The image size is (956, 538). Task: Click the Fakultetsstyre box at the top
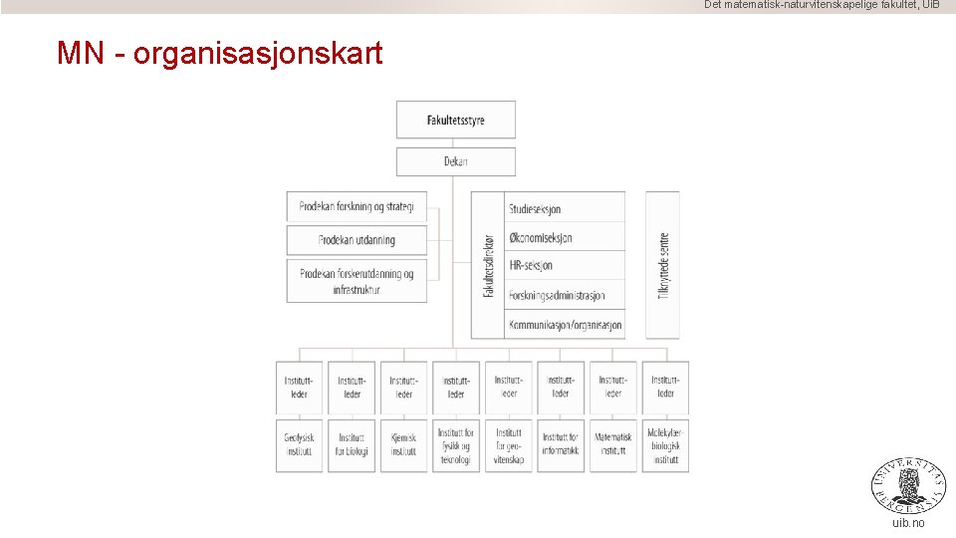click(x=455, y=120)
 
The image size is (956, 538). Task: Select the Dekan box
click(x=455, y=161)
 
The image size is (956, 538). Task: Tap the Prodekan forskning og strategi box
click(x=357, y=206)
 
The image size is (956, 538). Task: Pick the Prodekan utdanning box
click(x=357, y=240)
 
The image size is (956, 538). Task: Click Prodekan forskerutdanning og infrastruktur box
click(x=357, y=281)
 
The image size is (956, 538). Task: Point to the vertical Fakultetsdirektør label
click(x=488, y=265)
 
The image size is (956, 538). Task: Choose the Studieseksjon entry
click(x=565, y=208)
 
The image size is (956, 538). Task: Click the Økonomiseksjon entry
click(x=565, y=237)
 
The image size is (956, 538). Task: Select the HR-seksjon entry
click(x=565, y=265)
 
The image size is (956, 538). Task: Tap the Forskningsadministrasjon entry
click(x=565, y=295)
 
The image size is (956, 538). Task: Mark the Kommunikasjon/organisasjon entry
click(x=565, y=325)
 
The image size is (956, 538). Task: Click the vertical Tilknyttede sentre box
click(x=663, y=265)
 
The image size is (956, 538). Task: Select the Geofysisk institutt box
click(x=299, y=444)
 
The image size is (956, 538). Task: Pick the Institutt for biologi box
click(x=352, y=444)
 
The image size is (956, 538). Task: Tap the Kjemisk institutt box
click(x=403, y=444)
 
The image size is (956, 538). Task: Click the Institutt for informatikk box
click(x=561, y=444)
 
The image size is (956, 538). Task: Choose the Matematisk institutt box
click(x=613, y=444)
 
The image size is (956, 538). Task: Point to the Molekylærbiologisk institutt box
click(x=665, y=444)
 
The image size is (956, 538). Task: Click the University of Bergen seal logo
click(x=908, y=485)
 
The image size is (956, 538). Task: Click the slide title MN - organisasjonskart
click(x=219, y=53)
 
